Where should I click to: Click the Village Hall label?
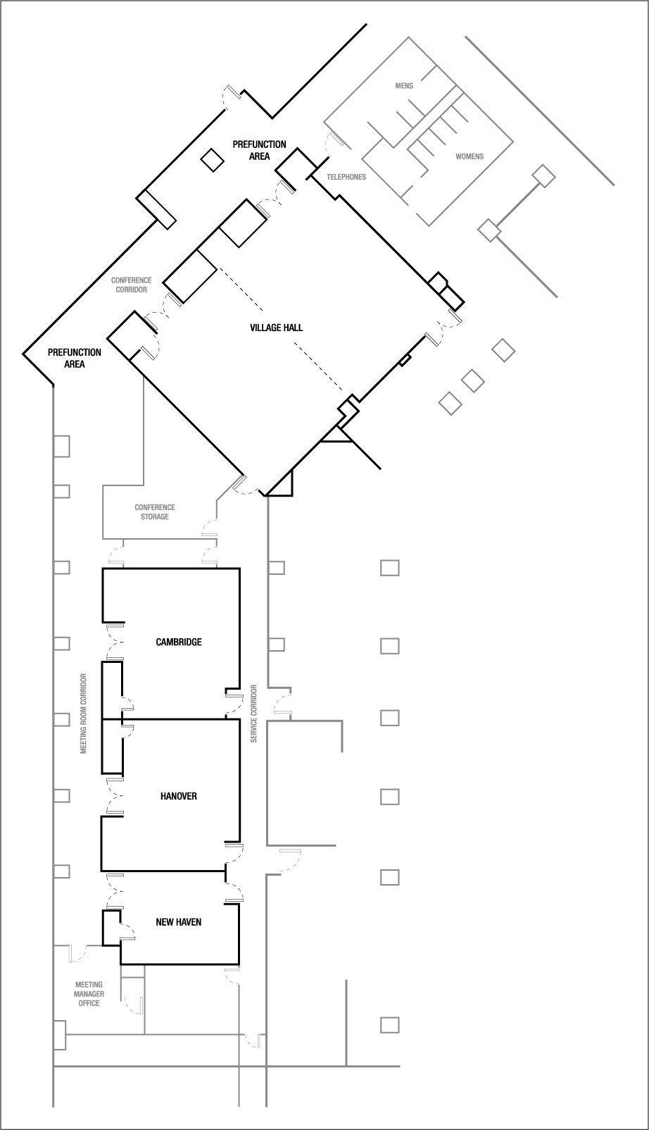pyautogui.click(x=276, y=328)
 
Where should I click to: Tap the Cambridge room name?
pyautogui.click(x=178, y=642)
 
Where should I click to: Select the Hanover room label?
pyautogui.click(x=178, y=796)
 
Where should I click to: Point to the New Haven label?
pyautogui.click(x=178, y=921)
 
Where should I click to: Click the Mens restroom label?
pyautogui.click(x=404, y=85)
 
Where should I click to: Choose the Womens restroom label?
pyautogui.click(x=470, y=156)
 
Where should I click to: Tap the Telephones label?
pyautogui.click(x=346, y=177)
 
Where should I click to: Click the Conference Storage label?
pyautogui.click(x=155, y=512)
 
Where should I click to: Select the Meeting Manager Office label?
pyautogui.click(x=89, y=994)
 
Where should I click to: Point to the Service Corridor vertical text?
pyautogui.click(x=254, y=713)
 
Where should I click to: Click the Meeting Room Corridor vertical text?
pyautogui.click(x=83, y=714)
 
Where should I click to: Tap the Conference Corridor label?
pyautogui.click(x=131, y=285)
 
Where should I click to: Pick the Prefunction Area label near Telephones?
pyautogui.click(x=259, y=150)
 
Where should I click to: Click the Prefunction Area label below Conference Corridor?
pyautogui.click(x=75, y=358)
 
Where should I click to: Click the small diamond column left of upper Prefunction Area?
pyautogui.click(x=211, y=161)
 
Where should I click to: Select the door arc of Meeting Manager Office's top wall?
pyautogui.click(x=77, y=953)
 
